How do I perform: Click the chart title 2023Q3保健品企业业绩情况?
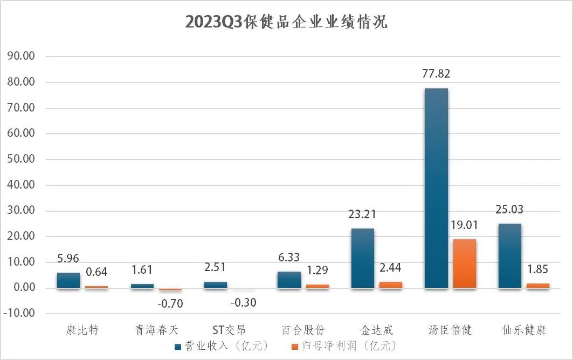click(x=286, y=22)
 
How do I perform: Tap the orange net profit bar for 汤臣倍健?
click(x=464, y=264)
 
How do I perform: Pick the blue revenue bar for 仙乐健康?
click(x=509, y=255)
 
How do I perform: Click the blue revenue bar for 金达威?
click(x=363, y=258)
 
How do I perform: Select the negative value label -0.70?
click(x=170, y=304)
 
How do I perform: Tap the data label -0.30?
click(x=243, y=303)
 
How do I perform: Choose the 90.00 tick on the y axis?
click(x=20, y=57)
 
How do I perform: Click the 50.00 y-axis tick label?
click(x=20, y=160)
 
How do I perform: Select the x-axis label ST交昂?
click(x=229, y=329)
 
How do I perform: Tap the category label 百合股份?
click(x=303, y=329)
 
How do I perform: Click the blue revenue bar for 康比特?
click(x=68, y=280)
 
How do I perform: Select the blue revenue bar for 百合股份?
click(x=289, y=280)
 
